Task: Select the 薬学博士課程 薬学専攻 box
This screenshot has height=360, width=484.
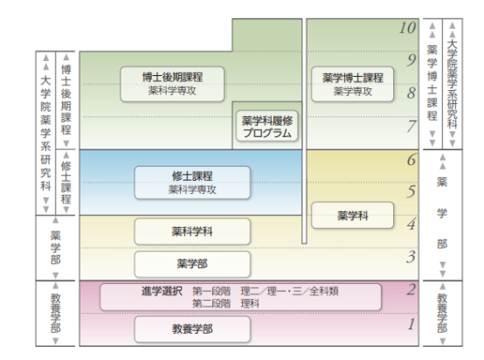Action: (353, 82)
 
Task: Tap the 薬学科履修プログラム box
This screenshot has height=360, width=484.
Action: (266, 127)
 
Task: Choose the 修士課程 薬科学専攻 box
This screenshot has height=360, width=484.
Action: (191, 180)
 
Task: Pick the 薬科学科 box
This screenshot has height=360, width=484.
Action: (191, 232)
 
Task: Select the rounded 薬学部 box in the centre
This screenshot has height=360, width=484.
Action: (191, 263)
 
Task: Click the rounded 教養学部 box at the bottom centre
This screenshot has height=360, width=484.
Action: (191, 329)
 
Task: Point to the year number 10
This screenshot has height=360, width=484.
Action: (406, 28)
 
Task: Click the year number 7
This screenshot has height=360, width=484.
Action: (411, 126)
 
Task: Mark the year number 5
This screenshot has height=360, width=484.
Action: (411, 191)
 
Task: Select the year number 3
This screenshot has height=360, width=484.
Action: (411, 257)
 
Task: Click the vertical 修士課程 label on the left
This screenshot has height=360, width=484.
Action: (66, 180)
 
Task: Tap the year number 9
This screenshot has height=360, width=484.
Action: (411, 59)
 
